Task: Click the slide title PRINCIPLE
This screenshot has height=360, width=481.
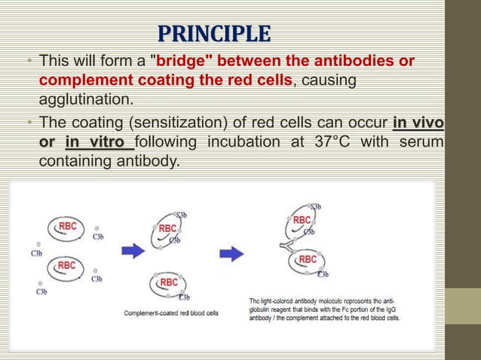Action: tap(213, 34)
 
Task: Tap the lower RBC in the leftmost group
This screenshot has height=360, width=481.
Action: tap(66, 265)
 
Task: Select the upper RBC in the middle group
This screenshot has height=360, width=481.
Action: tap(167, 229)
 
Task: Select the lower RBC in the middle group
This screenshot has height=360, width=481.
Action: tap(169, 282)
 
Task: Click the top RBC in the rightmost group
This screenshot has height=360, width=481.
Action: tap(302, 220)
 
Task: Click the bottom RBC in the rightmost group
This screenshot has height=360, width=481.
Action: tap(308, 260)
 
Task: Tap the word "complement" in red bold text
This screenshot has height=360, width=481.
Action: tap(78, 79)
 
